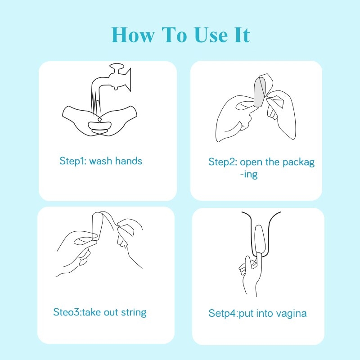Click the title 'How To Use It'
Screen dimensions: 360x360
pos(180,35)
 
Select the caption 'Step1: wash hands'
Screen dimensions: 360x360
pos(101,161)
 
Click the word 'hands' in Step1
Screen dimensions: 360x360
pos(128,161)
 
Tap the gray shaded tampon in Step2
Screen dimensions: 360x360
pos(260,92)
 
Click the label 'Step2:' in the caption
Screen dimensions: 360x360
pos(223,162)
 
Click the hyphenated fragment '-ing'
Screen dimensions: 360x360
pos(249,174)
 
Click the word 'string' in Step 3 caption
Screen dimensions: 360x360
pos(134,312)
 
